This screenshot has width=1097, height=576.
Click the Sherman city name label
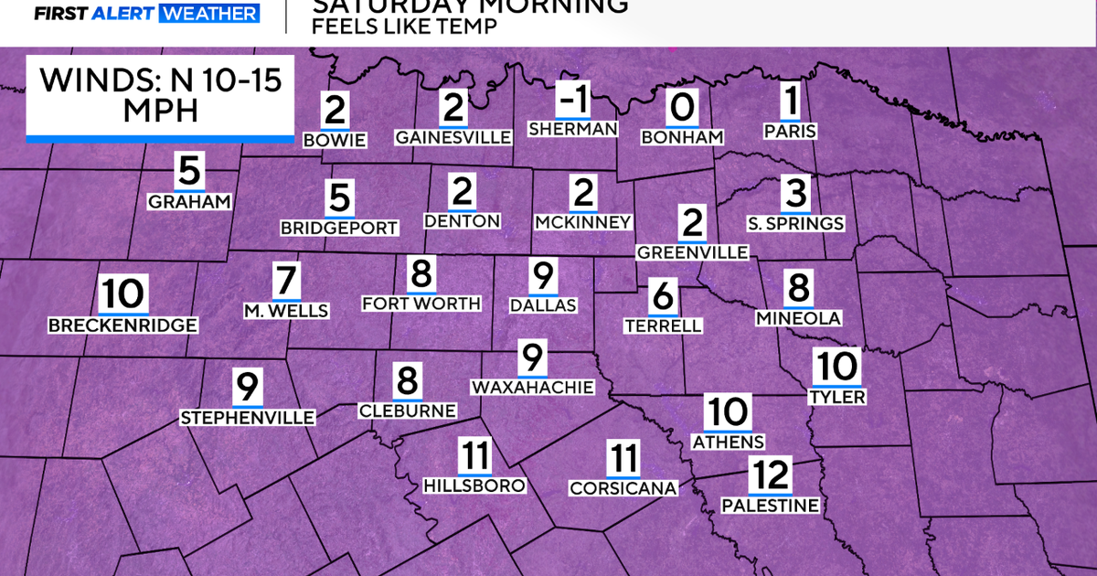(573, 129)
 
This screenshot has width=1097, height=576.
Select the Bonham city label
(682, 137)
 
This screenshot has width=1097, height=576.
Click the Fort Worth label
(421, 304)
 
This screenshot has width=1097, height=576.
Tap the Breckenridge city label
(122, 325)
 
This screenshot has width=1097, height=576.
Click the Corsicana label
(623, 488)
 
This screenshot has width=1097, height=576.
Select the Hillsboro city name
(475, 485)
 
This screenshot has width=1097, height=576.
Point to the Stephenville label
(248, 418)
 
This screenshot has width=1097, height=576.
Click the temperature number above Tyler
(836, 368)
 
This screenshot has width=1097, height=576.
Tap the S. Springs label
(795, 223)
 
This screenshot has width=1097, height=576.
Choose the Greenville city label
(693, 251)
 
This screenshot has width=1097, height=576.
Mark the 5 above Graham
(188, 170)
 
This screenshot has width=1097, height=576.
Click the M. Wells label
(285, 311)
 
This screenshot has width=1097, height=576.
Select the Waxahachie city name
(532, 387)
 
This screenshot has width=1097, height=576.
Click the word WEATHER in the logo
(208, 14)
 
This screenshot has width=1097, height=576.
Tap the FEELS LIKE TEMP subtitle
(404, 26)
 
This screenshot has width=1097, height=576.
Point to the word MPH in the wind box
(160, 112)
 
